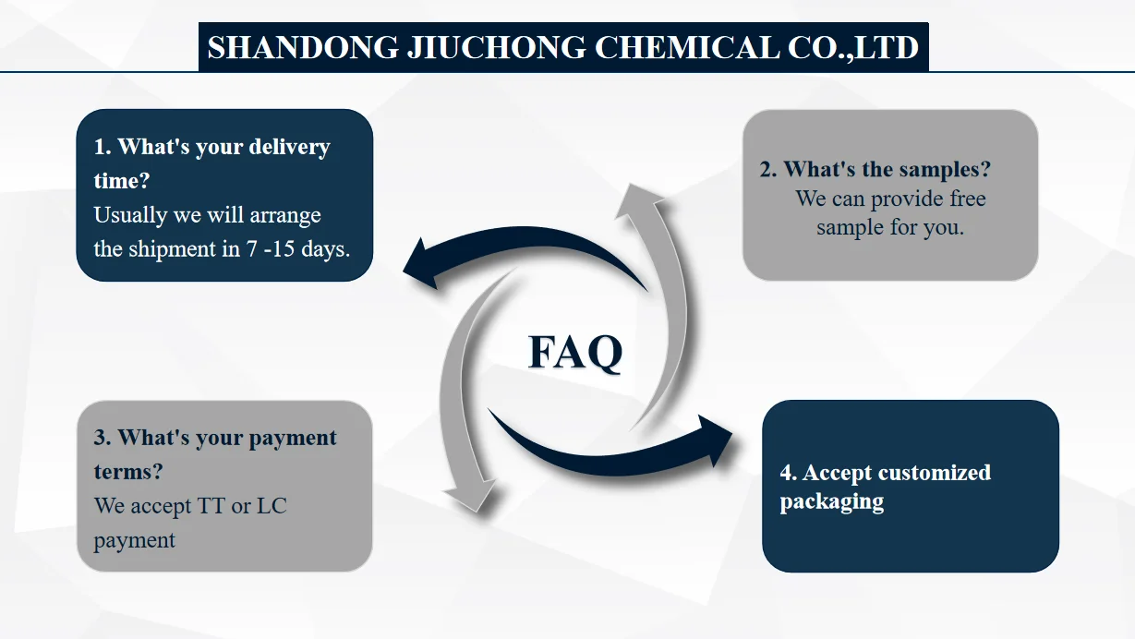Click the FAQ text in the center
point(575,352)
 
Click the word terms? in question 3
point(128,471)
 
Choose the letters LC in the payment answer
point(272,505)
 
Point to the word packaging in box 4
point(831,502)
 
